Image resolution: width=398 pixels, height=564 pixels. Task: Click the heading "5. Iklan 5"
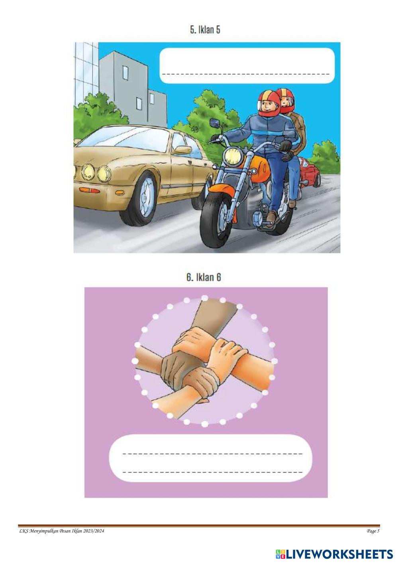pyautogui.click(x=205, y=30)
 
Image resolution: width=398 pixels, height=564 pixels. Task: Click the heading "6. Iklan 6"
pyautogui.click(x=204, y=277)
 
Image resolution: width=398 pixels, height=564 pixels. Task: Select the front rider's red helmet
pyautogui.click(x=269, y=103)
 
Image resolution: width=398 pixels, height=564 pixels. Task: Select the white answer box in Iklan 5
pyautogui.click(x=247, y=65)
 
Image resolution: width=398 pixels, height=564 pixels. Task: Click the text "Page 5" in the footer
pyautogui.click(x=373, y=531)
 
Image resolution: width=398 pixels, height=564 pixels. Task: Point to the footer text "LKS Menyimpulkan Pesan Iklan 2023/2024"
pyautogui.click(x=62, y=531)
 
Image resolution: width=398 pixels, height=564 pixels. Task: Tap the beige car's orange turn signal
pyautogui.click(x=89, y=190)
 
